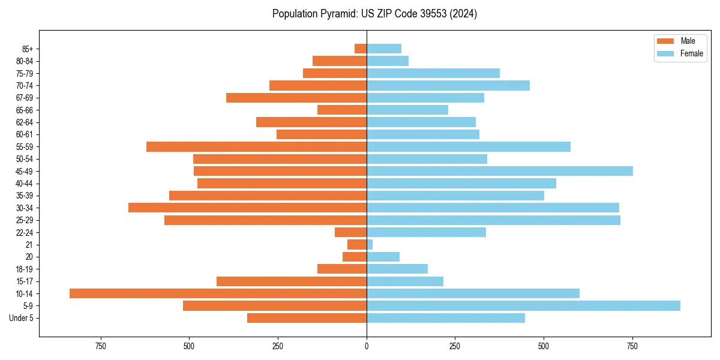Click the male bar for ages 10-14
(218, 293)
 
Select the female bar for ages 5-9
(523, 305)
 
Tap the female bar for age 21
(370, 244)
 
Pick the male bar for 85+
(361, 49)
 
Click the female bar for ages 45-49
(499, 171)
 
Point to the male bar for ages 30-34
(247, 208)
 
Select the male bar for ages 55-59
(256, 146)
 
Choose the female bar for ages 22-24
(426, 232)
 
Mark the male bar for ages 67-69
(296, 98)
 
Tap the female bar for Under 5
(446, 318)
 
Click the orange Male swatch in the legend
(665, 41)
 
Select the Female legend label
(691, 53)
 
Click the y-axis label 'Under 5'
(22, 318)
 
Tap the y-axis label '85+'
(27, 49)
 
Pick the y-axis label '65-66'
(25, 110)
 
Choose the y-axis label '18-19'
(25, 269)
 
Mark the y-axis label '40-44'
(25, 183)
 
